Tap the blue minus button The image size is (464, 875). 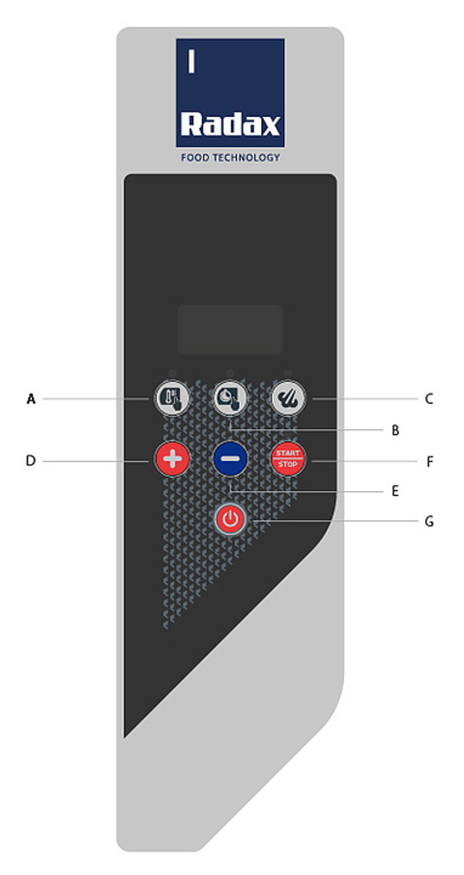point(230,459)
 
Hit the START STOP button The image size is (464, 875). point(288,459)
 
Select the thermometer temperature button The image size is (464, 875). point(173,398)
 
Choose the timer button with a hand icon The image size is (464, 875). point(230,398)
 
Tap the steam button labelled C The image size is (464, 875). point(288,398)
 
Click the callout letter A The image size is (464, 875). point(31,399)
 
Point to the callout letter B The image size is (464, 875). point(395,430)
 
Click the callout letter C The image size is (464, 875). point(429,399)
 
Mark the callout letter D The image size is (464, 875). point(31,461)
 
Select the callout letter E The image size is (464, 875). point(395,491)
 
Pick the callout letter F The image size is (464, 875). point(430,462)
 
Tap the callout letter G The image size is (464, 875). point(429,522)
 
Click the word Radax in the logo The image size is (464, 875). point(231,124)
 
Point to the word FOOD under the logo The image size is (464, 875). point(195,158)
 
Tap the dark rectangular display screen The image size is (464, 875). point(230,329)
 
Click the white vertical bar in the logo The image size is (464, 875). point(191,62)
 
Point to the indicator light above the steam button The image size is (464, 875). point(288,373)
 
